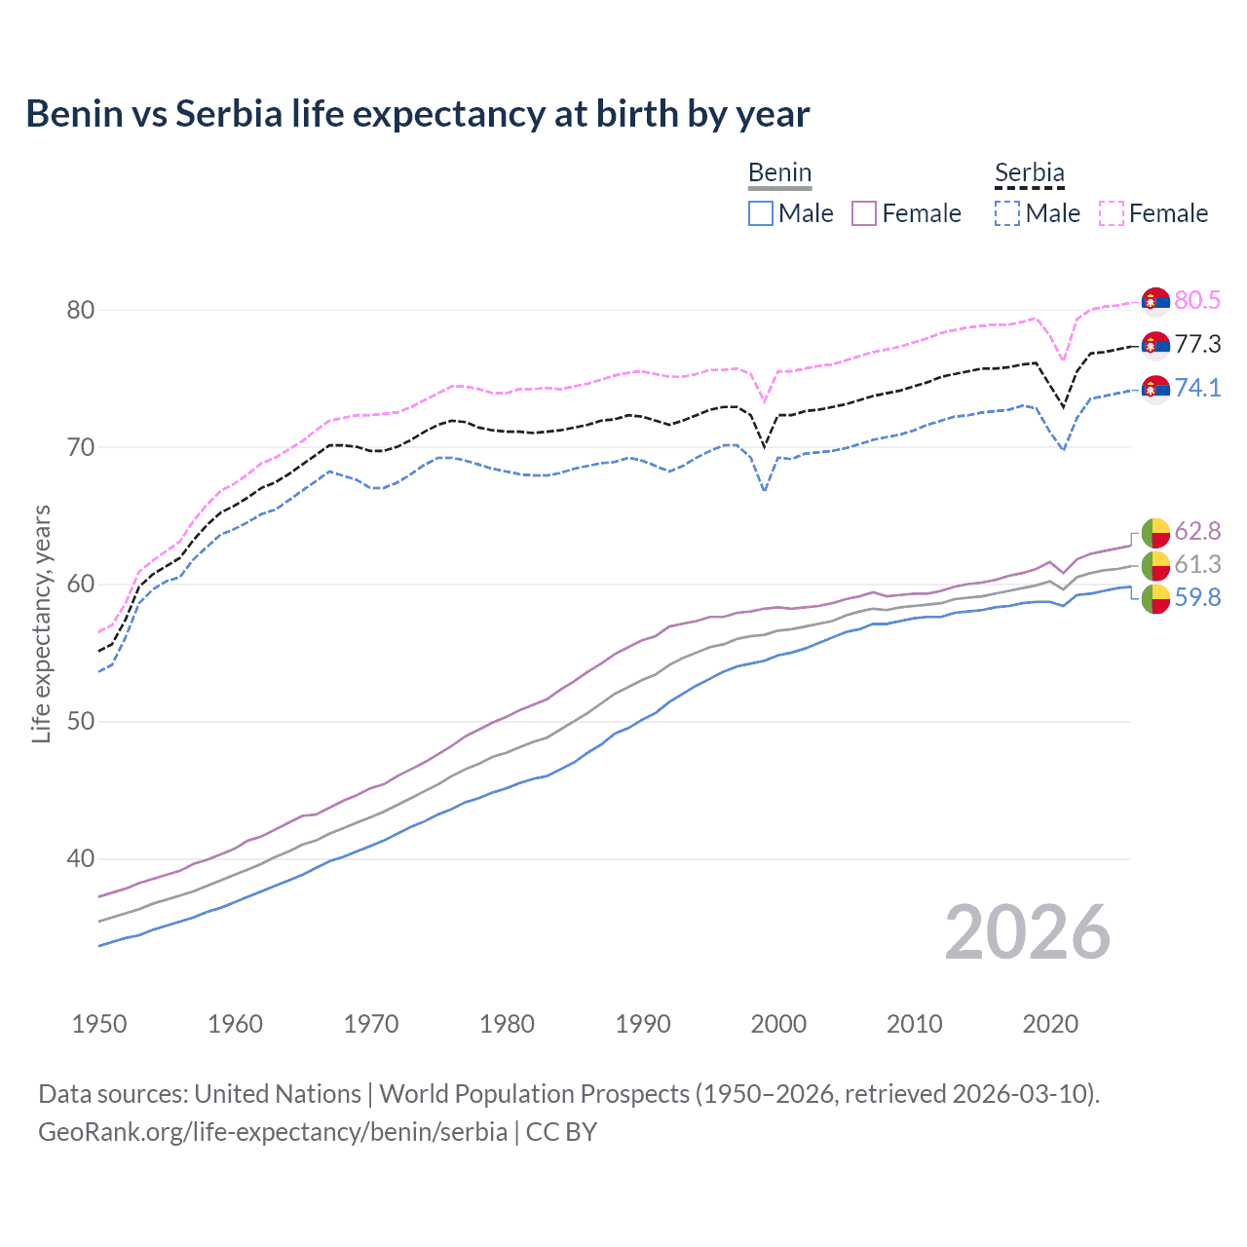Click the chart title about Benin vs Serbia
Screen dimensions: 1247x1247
coord(417,114)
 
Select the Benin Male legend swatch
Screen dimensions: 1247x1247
coord(761,213)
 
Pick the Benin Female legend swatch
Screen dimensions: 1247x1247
coord(864,213)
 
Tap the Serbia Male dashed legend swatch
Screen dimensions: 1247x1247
coord(1007,213)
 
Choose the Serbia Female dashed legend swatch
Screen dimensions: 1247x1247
coord(1112,213)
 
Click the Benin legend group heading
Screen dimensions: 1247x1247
coord(779,173)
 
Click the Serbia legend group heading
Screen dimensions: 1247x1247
coord(1029,173)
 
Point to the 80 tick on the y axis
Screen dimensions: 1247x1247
coord(80,310)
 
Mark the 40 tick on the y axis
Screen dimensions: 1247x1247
coord(80,859)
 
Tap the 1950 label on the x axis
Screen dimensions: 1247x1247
coord(99,1024)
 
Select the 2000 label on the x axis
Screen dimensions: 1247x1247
coord(778,1024)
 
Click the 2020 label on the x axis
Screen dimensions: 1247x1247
coord(1050,1024)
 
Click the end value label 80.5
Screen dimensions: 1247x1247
coord(1197,300)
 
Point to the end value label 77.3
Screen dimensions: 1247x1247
coord(1197,344)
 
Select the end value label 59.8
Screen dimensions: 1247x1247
coord(1197,597)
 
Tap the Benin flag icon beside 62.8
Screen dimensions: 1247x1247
coord(1155,532)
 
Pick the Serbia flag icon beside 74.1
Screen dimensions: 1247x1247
coord(1155,389)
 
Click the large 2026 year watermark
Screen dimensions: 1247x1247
coord(1027,932)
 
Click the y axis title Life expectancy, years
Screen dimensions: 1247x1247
coord(41,623)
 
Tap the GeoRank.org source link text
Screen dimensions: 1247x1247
coord(273,1132)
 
